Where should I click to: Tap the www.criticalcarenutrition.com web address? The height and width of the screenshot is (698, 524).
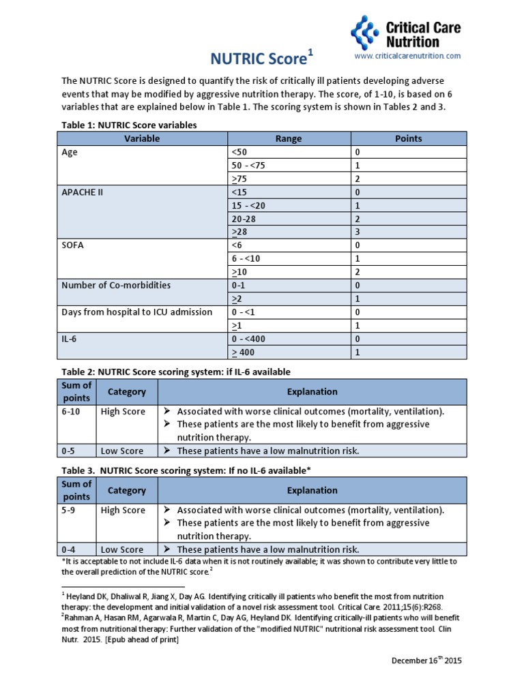(407, 55)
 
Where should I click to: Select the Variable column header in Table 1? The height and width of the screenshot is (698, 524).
(142, 138)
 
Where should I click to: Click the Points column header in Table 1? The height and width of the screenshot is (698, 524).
(408, 138)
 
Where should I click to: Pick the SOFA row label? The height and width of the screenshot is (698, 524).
(73, 245)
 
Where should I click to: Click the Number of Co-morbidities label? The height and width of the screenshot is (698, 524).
(116, 285)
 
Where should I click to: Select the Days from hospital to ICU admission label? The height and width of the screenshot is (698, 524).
(137, 312)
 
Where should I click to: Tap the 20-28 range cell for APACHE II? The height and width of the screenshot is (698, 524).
(246, 219)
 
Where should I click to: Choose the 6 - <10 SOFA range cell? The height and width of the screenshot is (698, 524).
(247, 258)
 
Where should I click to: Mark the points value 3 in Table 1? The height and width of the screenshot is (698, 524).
(357, 232)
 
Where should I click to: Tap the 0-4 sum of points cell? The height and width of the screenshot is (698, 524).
(69, 549)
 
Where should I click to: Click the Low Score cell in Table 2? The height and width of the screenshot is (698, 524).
(122, 451)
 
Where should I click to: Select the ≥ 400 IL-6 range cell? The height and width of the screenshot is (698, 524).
(247, 352)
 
